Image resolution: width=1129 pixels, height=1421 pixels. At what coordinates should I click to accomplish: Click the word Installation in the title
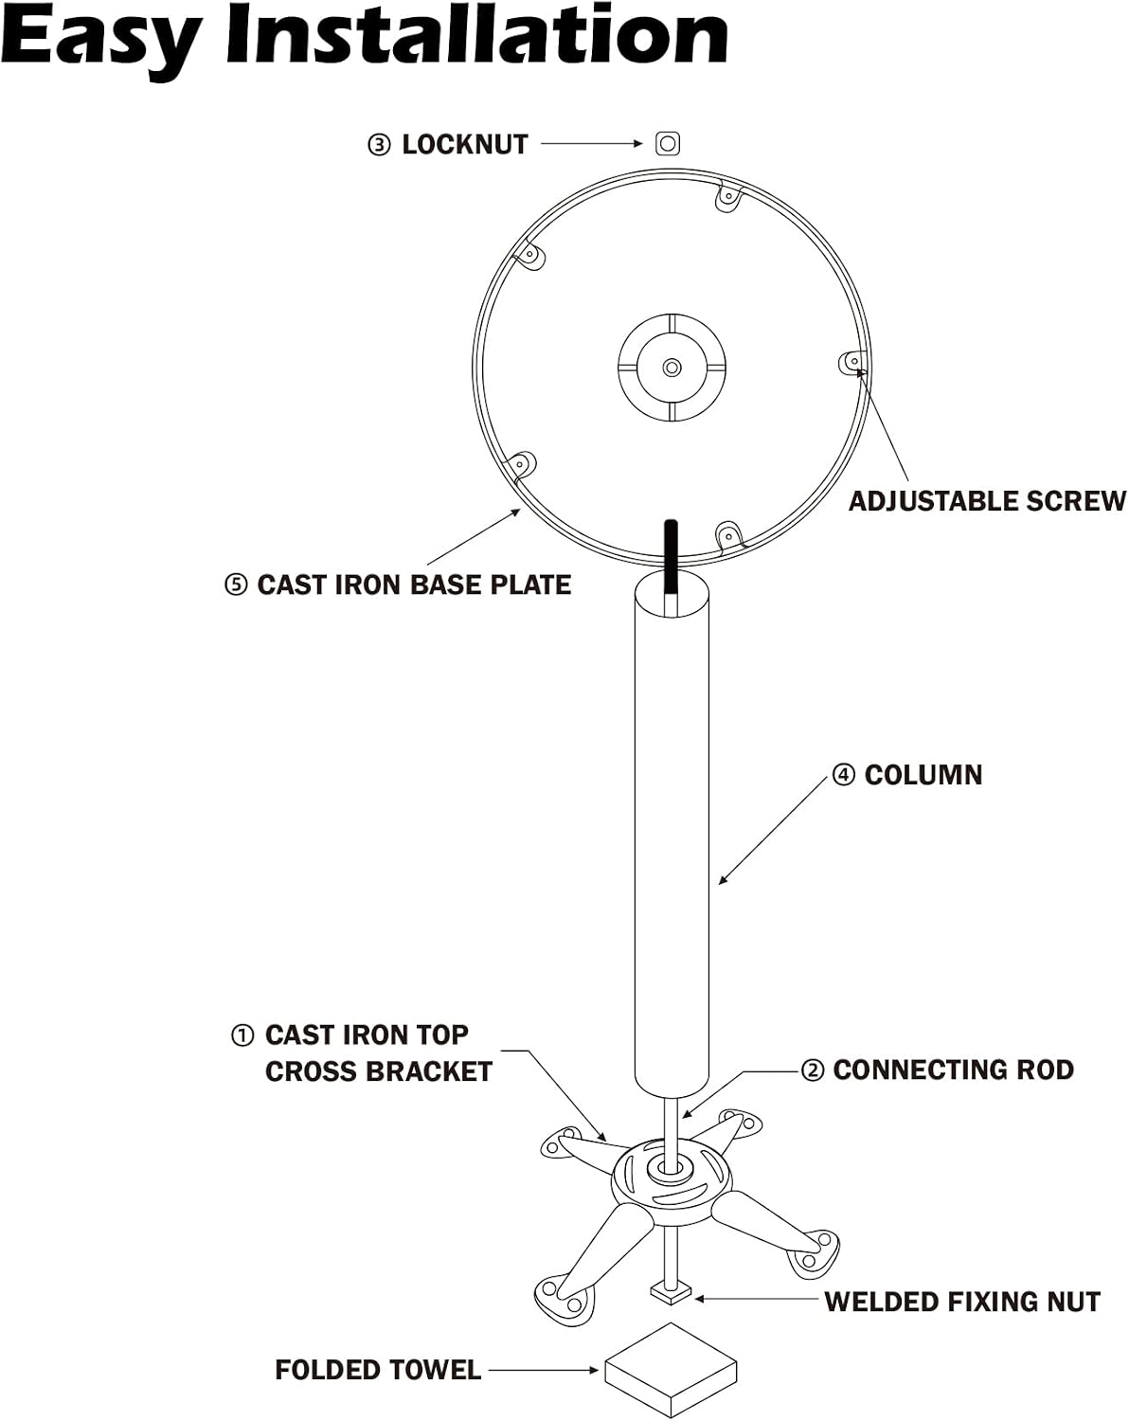pos(476,34)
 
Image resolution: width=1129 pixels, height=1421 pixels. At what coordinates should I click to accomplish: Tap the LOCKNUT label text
pos(465,145)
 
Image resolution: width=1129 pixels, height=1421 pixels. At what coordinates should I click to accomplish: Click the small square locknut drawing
pos(668,143)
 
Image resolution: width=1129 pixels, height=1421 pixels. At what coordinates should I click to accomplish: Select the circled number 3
pos(379,145)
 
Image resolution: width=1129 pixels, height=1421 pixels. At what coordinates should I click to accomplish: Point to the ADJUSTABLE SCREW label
pos(987,501)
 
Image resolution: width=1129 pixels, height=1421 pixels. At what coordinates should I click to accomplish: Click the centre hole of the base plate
pos(672,368)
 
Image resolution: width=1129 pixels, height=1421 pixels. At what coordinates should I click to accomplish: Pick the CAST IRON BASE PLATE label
pos(414,585)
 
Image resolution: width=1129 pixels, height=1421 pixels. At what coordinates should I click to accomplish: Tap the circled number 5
pos(237,585)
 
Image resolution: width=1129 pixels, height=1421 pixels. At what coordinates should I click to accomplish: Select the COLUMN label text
pos(923,775)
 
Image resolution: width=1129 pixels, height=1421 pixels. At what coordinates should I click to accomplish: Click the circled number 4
pos(843,775)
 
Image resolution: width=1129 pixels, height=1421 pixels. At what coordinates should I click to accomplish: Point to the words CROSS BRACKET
pos(379,1071)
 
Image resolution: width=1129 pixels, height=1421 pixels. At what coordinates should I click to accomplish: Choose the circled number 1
pos(242,1035)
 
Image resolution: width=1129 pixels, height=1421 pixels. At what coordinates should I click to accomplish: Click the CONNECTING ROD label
pos(954,1070)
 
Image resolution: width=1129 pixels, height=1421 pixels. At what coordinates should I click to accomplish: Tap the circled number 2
pos(813,1070)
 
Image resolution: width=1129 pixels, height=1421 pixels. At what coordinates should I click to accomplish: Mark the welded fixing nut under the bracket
pos(671,1291)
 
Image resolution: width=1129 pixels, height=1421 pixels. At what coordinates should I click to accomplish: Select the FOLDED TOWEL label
pos(378,1370)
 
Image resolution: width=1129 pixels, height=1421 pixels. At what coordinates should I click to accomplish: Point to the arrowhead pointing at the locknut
pos(637,143)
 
